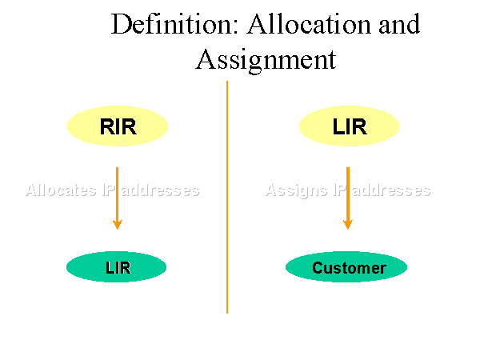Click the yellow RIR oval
tap(117, 126)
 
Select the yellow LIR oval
tap(348, 126)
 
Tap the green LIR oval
tap(117, 267)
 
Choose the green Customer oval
tap(346, 267)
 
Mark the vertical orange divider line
tap(227, 240)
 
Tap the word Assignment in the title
tap(266, 59)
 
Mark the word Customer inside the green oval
tap(349, 268)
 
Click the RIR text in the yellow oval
tap(118, 126)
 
